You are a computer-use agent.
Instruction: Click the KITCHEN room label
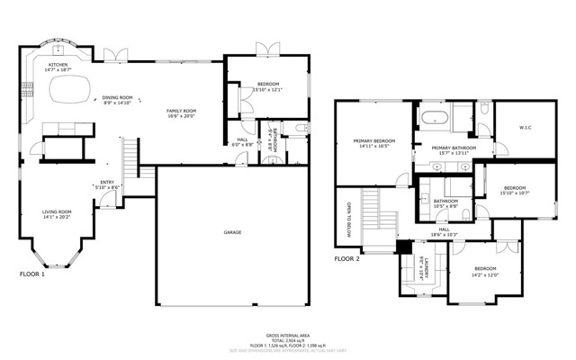click(x=58, y=65)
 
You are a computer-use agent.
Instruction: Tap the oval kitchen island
click(x=70, y=88)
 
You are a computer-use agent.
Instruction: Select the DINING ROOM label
click(x=117, y=97)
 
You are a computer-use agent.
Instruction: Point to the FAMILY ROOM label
click(x=181, y=110)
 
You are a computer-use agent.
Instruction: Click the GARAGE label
click(x=232, y=232)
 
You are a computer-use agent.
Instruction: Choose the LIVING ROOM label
click(x=57, y=211)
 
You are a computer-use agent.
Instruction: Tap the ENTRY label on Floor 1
click(x=106, y=183)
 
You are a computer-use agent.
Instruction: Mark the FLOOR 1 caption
click(x=31, y=274)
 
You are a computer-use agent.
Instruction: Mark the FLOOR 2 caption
click(x=346, y=258)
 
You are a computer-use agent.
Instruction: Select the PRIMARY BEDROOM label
click(x=374, y=141)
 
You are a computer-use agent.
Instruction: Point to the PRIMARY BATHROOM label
click(x=453, y=148)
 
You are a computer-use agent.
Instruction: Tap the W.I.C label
click(x=525, y=127)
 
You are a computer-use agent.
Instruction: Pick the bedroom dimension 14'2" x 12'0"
click(x=485, y=274)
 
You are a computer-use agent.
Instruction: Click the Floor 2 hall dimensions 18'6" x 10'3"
click(x=445, y=234)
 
